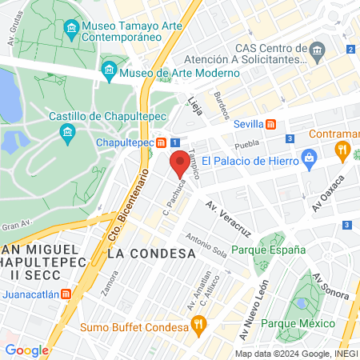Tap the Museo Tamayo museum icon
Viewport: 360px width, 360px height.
pyautogui.click(x=71, y=30)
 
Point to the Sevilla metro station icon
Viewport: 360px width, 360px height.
pyautogui.click(x=272, y=125)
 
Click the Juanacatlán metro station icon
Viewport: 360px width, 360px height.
pyautogui.click(x=66, y=294)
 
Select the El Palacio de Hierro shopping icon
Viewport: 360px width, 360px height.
pyautogui.click(x=308, y=159)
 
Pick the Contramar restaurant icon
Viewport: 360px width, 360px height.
pyautogui.click(x=343, y=149)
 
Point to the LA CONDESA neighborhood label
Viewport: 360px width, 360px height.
pyautogui.click(x=151, y=254)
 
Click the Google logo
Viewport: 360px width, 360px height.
pyautogui.click(x=27, y=350)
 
